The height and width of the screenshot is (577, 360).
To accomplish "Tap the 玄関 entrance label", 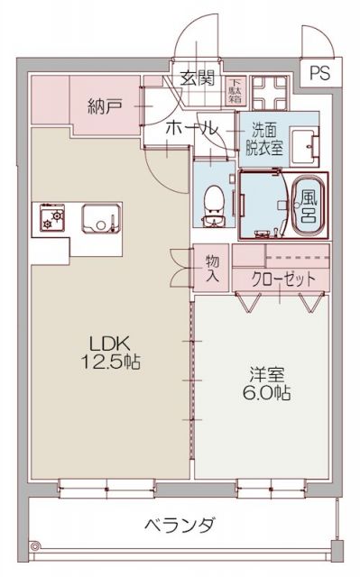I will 195,78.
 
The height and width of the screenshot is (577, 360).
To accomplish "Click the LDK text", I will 108,344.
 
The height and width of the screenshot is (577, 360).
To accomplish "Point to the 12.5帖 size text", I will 110,362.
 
